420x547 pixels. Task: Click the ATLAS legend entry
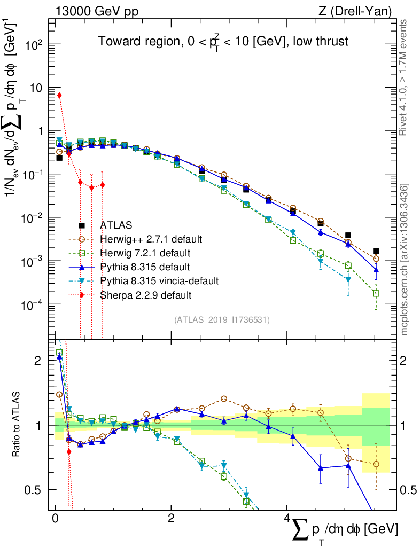116,225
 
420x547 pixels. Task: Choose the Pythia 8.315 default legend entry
144,267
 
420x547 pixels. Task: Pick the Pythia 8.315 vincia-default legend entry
159,280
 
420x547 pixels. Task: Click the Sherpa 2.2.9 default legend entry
145,294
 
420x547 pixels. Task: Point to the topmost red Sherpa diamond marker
59,95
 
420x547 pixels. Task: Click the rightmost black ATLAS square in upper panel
376,251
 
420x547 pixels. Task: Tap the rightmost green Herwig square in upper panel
376,293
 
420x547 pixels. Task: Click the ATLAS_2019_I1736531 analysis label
222,320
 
